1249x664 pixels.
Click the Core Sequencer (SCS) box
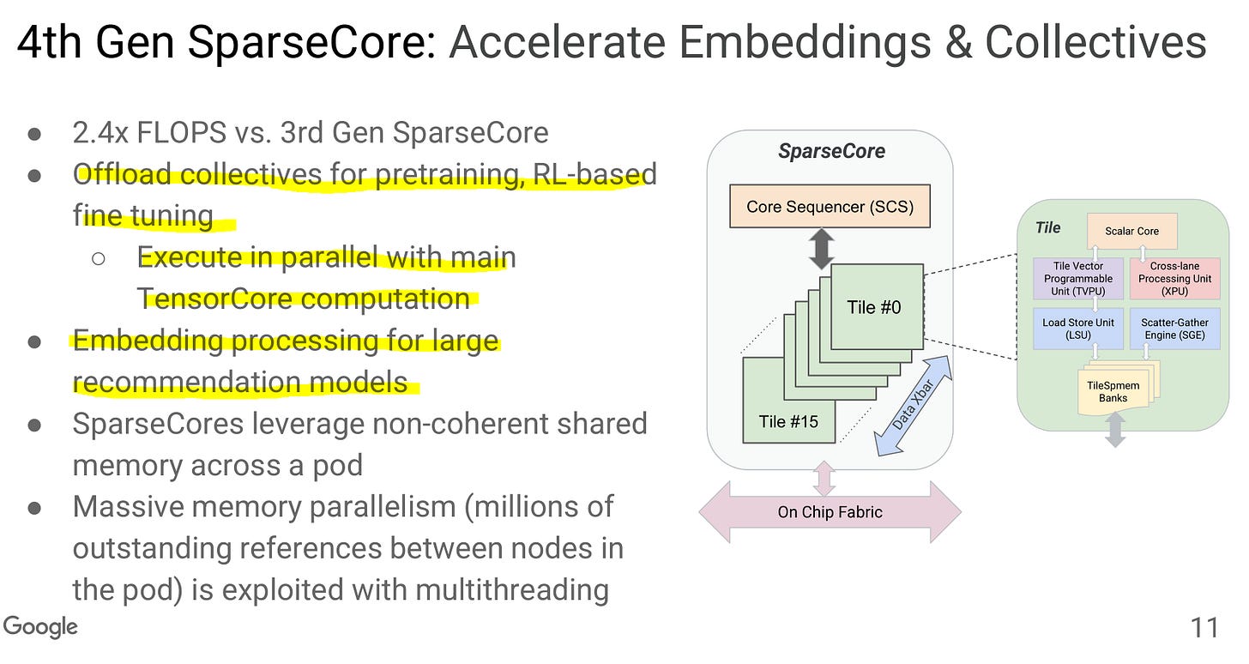(x=830, y=206)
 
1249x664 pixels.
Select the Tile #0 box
(x=876, y=306)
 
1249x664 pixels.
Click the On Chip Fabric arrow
(x=830, y=512)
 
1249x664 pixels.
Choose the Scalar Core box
(x=1131, y=231)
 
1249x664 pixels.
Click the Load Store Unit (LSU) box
(x=1077, y=329)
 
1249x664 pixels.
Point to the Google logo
(x=40, y=627)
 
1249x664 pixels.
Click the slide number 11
(x=1204, y=628)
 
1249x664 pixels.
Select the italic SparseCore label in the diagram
(x=830, y=152)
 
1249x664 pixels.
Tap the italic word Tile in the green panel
(x=1047, y=227)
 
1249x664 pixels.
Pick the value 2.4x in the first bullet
(x=101, y=133)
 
